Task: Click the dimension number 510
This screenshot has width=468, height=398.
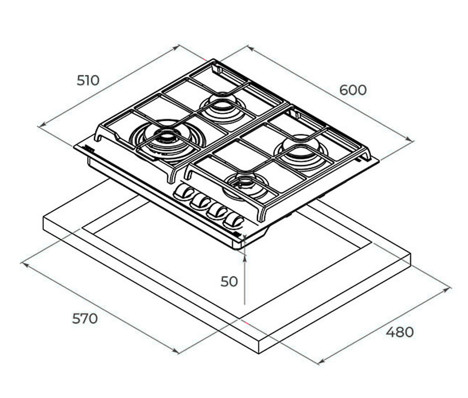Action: pos(88,81)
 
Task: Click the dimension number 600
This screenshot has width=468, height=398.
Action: pos(353,90)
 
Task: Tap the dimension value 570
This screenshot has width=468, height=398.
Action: pos(85,319)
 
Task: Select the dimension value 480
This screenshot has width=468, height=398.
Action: pos(400,332)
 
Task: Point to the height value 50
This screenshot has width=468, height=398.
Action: pos(229,281)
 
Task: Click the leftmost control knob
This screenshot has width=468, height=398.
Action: pos(183,192)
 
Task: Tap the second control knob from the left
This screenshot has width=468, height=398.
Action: pos(200,201)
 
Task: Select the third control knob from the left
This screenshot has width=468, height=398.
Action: pos(217,211)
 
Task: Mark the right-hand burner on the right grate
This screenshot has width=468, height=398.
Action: pos(300,153)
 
